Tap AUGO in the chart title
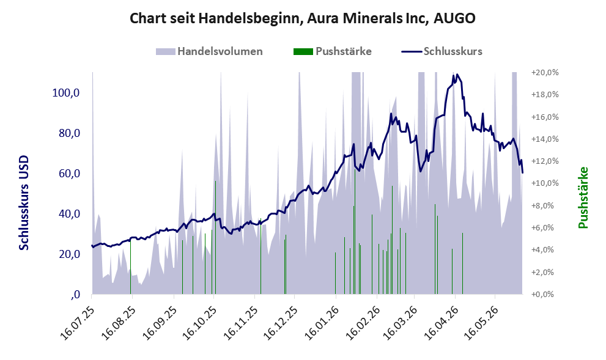click(454, 18)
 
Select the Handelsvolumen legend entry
click(209, 51)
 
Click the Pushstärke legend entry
click(333, 51)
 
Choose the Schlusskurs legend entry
click(442, 51)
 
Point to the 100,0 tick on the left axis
click(65, 93)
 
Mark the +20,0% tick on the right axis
click(545, 73)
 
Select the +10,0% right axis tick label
click(545, 183)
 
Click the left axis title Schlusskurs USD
click(24, 202)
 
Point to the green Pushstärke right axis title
click(583, 197)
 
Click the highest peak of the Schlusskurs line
click(457, 74)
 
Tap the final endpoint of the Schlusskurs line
click(522, 172)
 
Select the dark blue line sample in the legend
click(412, 51)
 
